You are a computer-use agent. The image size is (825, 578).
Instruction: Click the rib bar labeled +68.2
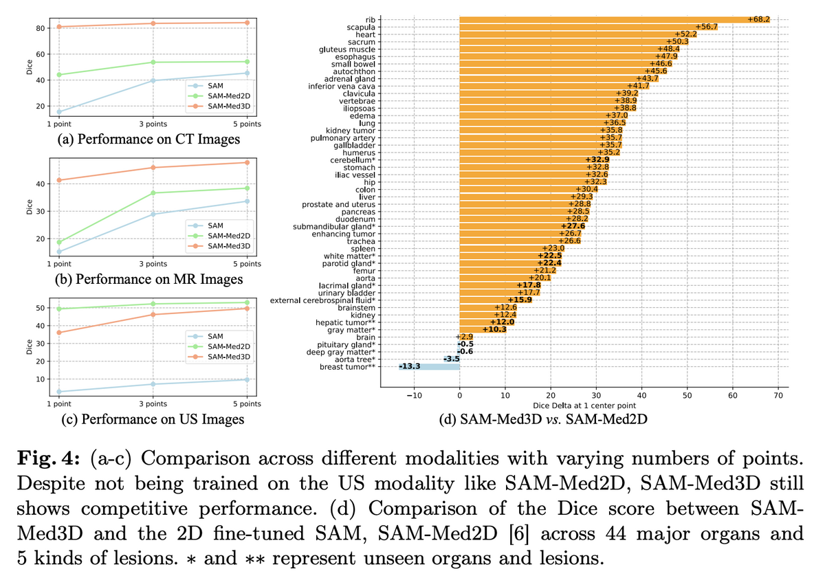612,19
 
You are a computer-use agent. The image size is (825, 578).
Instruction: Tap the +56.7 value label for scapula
706,26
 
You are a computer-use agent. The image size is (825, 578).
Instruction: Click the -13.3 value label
410,366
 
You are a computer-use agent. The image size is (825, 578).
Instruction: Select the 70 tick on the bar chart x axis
778,394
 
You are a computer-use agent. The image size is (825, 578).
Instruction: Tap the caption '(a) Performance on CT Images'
150,140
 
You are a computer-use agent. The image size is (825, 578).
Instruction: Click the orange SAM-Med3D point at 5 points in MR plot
247,162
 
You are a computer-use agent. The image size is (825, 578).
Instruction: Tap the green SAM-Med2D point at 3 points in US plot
153,304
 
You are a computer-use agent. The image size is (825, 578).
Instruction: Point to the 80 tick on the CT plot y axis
41,28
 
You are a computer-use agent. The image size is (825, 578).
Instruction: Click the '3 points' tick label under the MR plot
153,264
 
